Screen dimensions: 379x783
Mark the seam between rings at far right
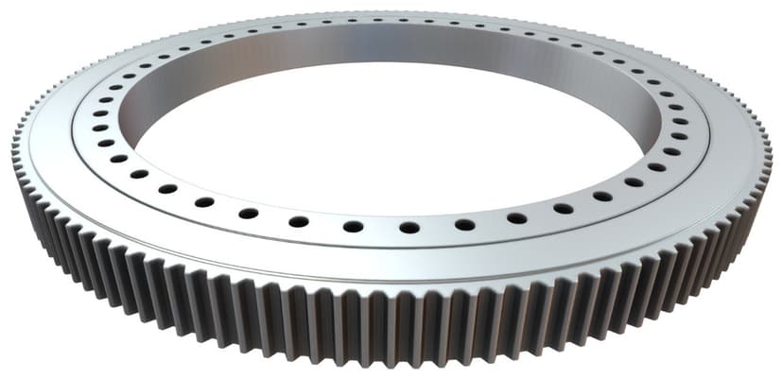[707, 142]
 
